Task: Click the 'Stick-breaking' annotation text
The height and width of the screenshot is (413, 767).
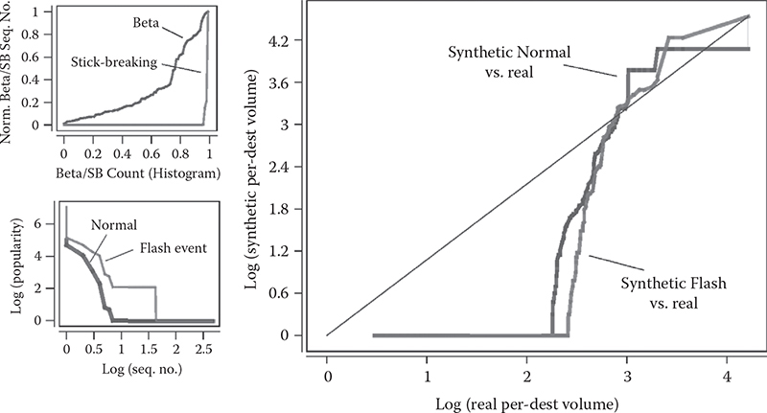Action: [x=113, y=61]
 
